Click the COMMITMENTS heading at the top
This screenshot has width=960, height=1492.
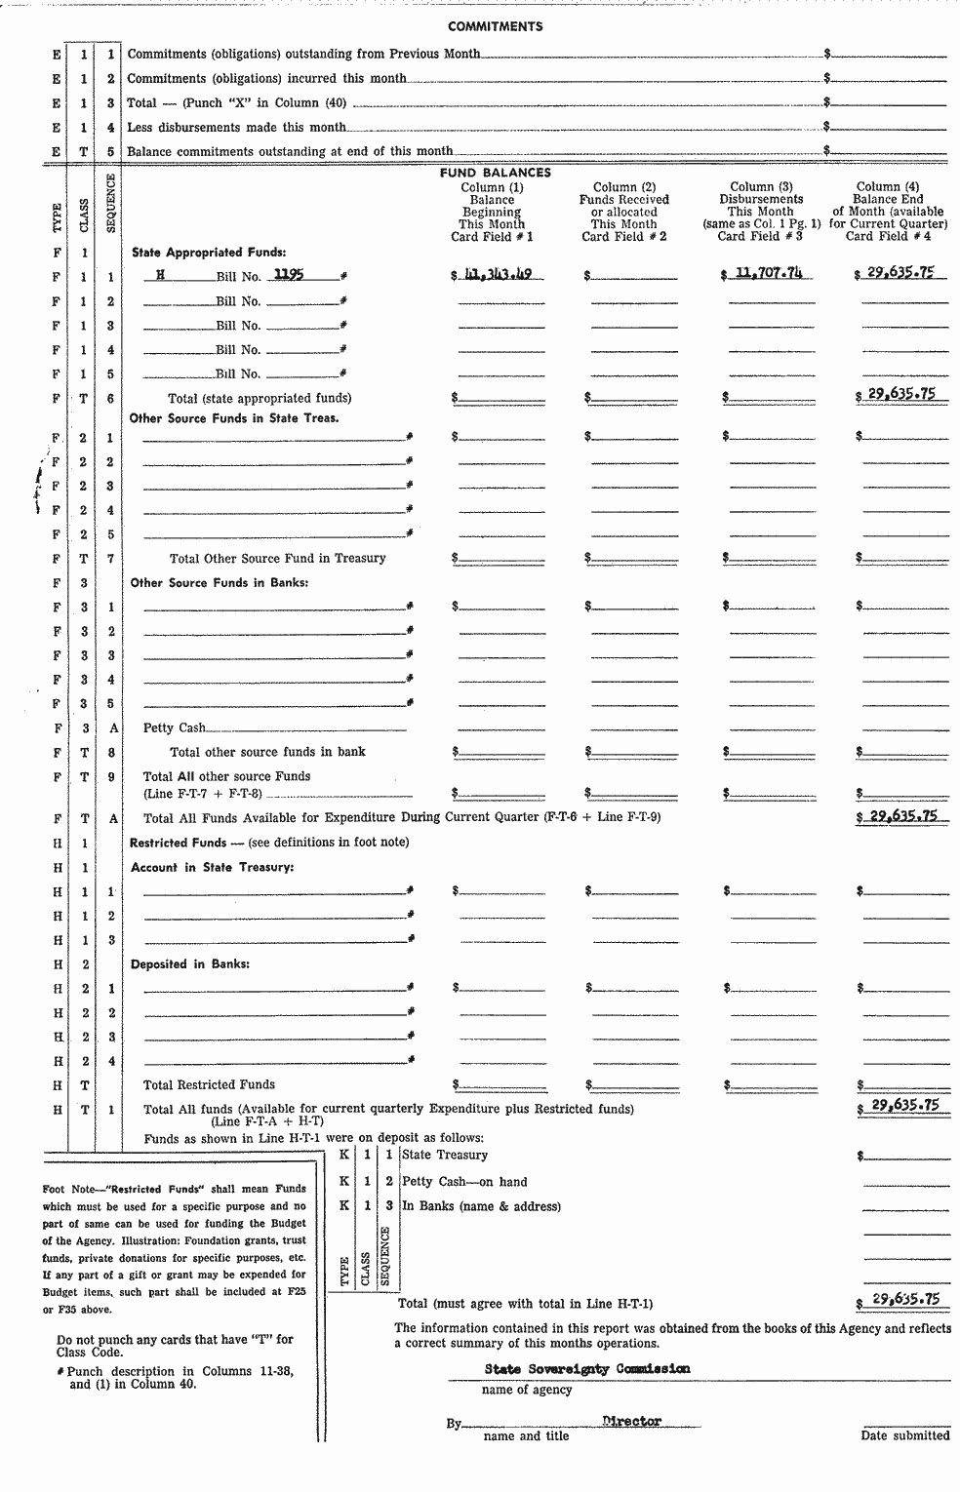pyautogui.click(x=496, y=26)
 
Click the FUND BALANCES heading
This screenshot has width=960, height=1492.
pyautogui.click(x=496, y=173)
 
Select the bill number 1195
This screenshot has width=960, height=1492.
pyautogui.click(x=289, y=275)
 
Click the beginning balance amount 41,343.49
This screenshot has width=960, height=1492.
pyautogui.click(x=499, y=275)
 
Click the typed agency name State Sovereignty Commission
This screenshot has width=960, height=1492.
pyautogui.click(x=586, y=1369)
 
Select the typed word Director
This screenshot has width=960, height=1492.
pyautogui.click(x=632, y=1422)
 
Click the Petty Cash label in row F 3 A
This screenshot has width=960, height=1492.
pyautogui.click(x=175, y=727)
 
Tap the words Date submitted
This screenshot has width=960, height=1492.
pyautogui.click(x=904, y=1435)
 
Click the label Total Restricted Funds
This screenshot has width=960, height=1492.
pyautogui.click(x=209, y=1084)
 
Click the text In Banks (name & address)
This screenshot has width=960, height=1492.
pyautogui.click(x=481, y=1206)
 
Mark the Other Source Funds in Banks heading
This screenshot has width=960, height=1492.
pyautogui.click(x=220, y=583)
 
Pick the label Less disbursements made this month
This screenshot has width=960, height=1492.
pyautogui.click(x=236, y=127)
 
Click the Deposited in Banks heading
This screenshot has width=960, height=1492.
pyautogui.click(x=190, y=964)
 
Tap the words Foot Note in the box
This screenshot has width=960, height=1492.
pyautogui.click(x=68, y=1189)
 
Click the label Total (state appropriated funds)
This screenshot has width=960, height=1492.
pyautogui.click(x=260, y=398)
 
